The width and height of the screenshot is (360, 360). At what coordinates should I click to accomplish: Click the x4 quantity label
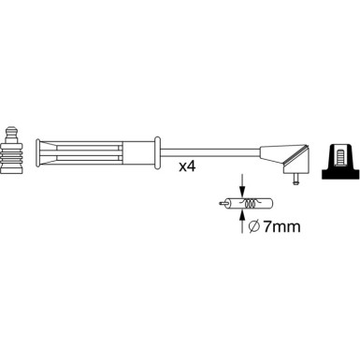point(187,167)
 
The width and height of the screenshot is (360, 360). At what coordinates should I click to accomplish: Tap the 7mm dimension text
point(281,226)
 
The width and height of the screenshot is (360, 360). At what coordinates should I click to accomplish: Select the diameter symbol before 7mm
point(254,226)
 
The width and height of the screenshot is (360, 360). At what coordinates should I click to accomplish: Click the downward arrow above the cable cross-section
point(242,186)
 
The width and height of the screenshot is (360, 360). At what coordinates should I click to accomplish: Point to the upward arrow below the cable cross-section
point(242,222)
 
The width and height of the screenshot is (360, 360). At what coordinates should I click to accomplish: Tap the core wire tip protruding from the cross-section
point(223,204)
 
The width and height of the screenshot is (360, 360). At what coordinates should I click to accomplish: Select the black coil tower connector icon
point(339,161)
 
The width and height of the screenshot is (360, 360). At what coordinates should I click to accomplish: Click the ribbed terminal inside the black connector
point(339,158)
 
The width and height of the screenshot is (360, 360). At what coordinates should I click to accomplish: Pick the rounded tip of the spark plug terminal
point(12,130)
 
